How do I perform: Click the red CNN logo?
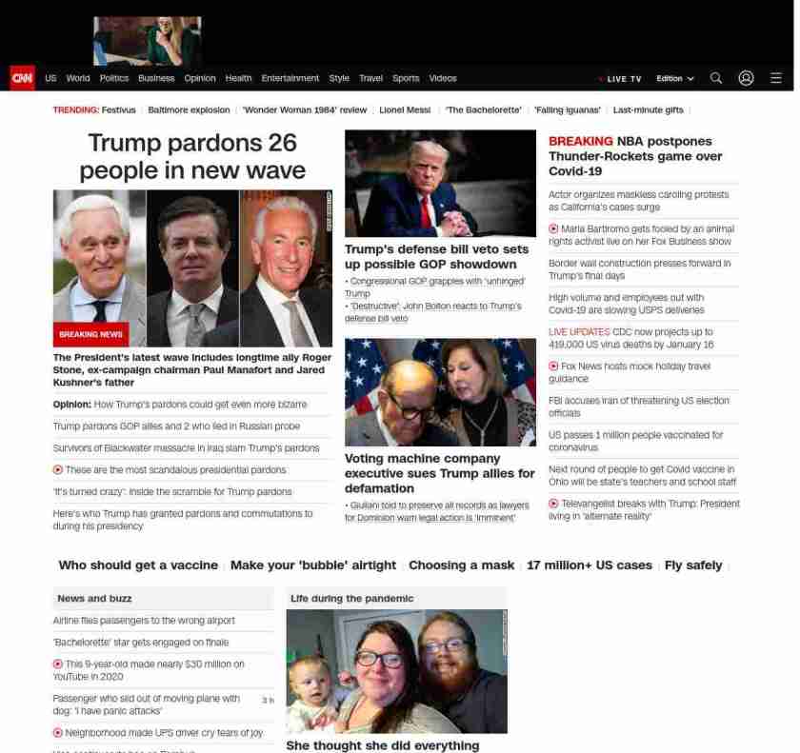pyautogui.click(x=22, y=78)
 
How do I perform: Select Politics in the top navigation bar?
pyautogui.click(x=114, y=78)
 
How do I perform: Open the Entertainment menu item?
pyautogui.click(x=290, y=78)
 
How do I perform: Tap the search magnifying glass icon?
pyautogui.click(x=716, y=78)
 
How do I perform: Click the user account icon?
pyautogui.click(x=746, y=78)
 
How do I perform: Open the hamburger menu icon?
pyautogui.click(x=776, y=78)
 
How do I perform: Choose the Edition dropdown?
pyautogui.click(x=674, y=78)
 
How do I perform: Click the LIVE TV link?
pyautogui.click(x=623, y=79)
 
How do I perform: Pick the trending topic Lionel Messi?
pyautogui.click(x=405, y=110)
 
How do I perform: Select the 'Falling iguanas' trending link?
pyautogui.click(x=568, y=110)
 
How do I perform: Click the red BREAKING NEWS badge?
pyautogui.click(x=90, y=334)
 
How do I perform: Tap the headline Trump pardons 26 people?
pyautogui.click(x=192, y=156)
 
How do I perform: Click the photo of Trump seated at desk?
pyautogui.click(x=440, y=183)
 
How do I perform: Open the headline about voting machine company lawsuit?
pyautogui.click(x=439, y=473)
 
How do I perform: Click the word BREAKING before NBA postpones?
pyautogui.click(x=580, y=141)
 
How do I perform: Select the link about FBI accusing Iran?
pyautogui.click(x=638, y=406)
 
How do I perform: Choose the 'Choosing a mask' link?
pyautogui.click(x=461, y=565)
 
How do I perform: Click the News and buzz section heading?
pyautogui.click(x=94, y=599)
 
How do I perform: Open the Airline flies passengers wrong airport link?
pyautogui.click(x=144, y=621)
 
